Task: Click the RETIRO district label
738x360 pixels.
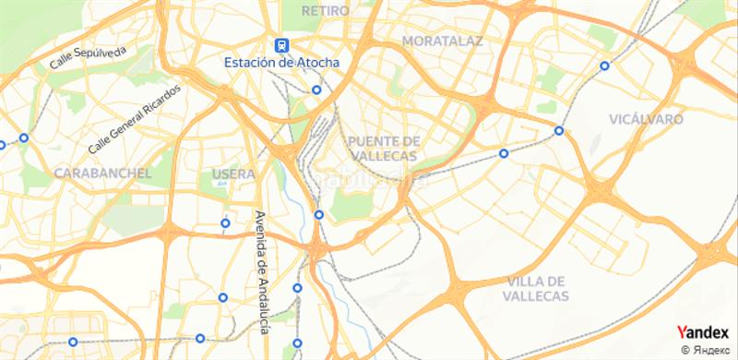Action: [326, 10]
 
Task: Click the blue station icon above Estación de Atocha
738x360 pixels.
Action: [280, 44]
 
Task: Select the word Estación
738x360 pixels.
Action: [252, 63]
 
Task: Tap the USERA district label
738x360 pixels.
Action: [232, 174]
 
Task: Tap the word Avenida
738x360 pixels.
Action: [260, 233]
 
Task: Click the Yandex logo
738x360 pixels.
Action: [702, 333]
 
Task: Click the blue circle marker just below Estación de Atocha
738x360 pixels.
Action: [315, 90]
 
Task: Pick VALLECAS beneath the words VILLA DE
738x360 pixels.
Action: [536, 296]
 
